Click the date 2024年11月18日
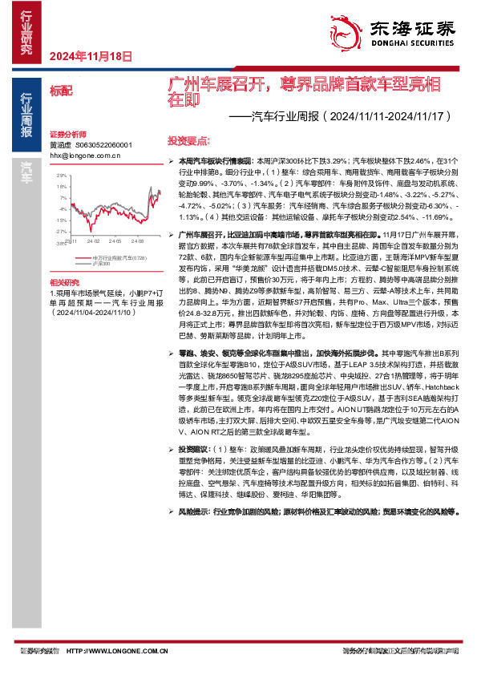(x=90, y=56)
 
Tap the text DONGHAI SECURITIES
(x=410, y=45)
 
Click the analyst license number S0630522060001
(x=102, y=145)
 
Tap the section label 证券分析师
(x=67, y=134)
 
